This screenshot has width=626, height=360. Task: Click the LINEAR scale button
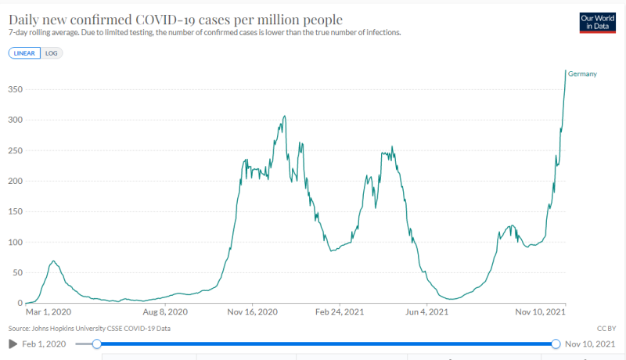point(24,53)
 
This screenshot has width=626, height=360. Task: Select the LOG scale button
point(52,53)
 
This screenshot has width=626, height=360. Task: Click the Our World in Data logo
point(597,23)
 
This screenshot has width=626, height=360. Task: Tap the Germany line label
point(582,74)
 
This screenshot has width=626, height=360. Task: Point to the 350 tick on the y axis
point(15,89)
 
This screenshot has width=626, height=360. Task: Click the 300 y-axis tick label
point(15,121)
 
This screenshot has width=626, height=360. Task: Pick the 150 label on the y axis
point(15,211)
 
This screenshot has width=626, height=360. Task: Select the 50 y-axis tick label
point(17,272)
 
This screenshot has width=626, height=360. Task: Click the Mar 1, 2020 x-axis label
point(49,311)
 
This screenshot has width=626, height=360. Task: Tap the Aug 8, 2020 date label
point(165,311)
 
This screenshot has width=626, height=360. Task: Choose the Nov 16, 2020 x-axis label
point(252,311)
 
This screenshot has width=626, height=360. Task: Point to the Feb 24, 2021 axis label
point(340,311)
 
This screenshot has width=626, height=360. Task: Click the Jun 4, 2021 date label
point(426,311)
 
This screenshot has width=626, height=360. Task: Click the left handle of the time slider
point(96,344)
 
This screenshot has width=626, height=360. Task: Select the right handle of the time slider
point(556,344)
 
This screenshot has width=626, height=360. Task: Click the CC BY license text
point(606,329)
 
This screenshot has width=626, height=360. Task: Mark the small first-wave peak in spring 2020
point(53,261)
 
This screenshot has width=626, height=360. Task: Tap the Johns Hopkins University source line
point(89,329)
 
